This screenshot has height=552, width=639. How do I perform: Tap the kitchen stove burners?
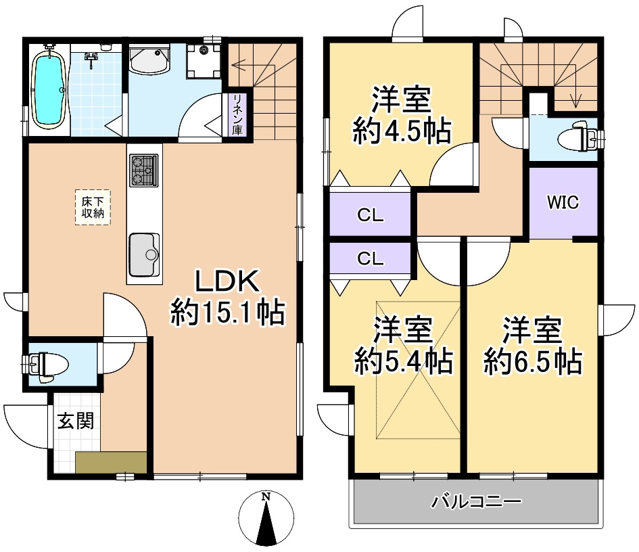coord(143,170)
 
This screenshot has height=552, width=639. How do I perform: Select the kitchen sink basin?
coord(144,255)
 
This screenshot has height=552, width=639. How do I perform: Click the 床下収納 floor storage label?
coord(93,207)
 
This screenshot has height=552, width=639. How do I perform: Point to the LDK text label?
coord(227,281)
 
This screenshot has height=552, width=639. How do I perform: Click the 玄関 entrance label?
coord(76,421)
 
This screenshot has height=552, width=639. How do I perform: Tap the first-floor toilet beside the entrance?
coord(46,364)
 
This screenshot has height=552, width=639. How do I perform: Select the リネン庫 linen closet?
coord(237,114)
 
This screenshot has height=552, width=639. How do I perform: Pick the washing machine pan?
coord(203,60)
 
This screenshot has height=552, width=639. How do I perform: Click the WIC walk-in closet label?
coord(563,202)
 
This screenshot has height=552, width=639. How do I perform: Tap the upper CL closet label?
coord(370,215)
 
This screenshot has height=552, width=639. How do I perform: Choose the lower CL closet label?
coord(370,258)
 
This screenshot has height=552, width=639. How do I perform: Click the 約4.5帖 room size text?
coord(402,131)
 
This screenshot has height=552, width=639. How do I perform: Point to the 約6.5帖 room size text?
coord(532,361)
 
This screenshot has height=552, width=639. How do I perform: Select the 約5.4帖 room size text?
coord(403,361)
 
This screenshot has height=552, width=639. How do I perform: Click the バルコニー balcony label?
coord(476,501)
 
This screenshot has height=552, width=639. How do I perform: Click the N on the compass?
coord(266,497)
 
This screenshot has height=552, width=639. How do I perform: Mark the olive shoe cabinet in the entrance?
coord(111,462)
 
